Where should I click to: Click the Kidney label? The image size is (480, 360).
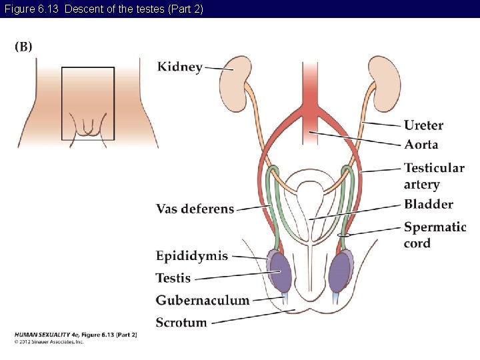(x=179, y=67)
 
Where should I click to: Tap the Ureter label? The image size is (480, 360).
(x=423, y=125)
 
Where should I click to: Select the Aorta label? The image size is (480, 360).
(x=421, y=145)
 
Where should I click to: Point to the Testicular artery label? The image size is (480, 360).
(x=433, y=176)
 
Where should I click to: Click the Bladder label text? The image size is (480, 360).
(x=428, y=204)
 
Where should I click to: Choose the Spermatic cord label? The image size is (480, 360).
(x=434, y=235)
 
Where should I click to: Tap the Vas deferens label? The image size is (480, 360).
(x=195, y=209)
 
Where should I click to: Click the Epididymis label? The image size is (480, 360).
(x=192, y=256)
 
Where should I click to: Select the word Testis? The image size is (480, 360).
(x=173, y=278)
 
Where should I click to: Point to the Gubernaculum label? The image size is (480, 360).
(x=203, y=300)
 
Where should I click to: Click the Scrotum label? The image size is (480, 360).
(x=181, y=323)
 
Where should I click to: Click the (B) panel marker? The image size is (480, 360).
(x=23, y=47)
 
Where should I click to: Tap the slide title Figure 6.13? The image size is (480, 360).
(x=103, y=9)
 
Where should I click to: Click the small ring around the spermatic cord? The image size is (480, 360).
(x=344, y=235)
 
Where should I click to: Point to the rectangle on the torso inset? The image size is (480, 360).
(x=87, y=103)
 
